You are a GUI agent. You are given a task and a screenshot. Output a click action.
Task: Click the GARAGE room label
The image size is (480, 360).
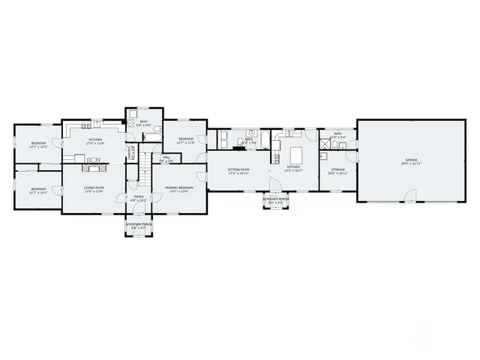pyautogui.click(x=410, y=160)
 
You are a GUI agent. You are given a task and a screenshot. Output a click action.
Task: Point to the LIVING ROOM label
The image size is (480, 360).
pyautogui.click(x=94, y=187)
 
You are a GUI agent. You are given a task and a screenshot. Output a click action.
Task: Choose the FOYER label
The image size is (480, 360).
pyautogui.click(x=138, y=196)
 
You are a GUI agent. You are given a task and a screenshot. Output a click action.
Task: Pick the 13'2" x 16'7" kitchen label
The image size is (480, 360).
pyautogui.click(x=292, y=168)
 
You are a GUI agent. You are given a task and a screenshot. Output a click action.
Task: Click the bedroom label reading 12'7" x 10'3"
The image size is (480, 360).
pyautogui.click(x=38, y=144)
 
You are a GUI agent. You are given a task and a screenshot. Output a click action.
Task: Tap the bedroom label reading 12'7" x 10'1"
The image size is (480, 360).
pyautogui.click(x=38, y=190)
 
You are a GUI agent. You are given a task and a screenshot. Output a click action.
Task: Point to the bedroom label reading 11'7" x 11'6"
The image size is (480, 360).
pyautogui.click(x=186, y=140)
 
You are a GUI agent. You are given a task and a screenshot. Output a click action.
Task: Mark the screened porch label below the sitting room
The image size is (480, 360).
pyautogui.click(x=274, y=199)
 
